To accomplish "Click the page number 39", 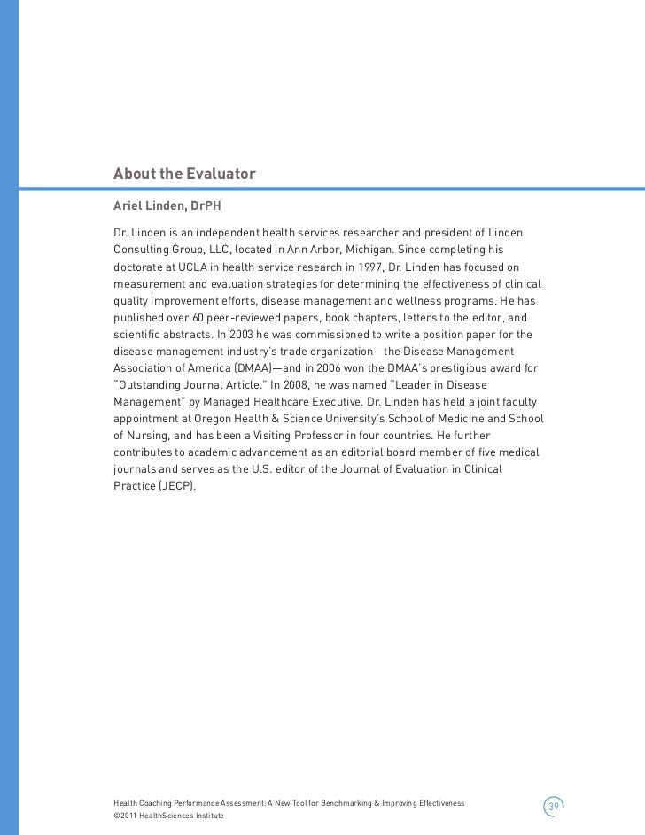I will (553, 806).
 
